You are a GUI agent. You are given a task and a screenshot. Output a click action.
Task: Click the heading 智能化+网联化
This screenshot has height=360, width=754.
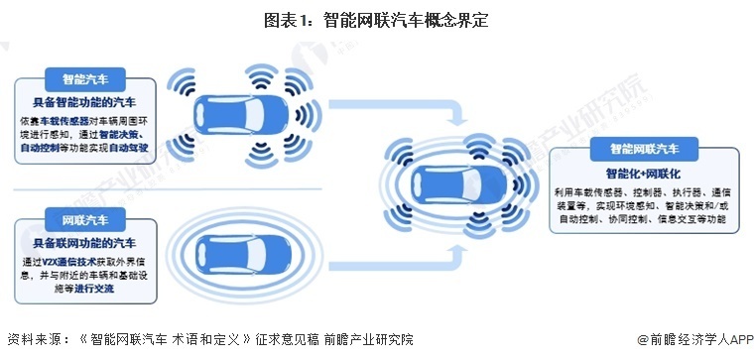pyautogui.click(x=645, y=173)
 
